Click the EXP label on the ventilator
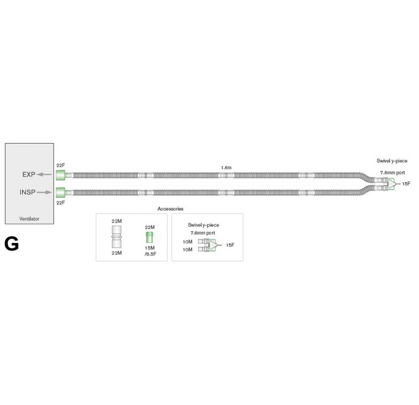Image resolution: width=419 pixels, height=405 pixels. click(x=29, y=175)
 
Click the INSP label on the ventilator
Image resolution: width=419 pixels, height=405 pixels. click(x=28, y=192)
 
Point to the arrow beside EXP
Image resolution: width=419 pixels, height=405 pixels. click(x=44, y=175)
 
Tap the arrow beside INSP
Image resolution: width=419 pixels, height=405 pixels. click(x=44, y=192)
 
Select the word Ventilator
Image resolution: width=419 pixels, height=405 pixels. click(x=29, y=219)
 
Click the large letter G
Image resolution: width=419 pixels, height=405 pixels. click(x=12, y=244)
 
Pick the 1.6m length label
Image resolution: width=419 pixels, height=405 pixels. click(x=226, y=168)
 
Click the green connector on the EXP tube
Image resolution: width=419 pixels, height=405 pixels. click(x=60, y=175)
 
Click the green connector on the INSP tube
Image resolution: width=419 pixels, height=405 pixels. click(x=60, y=192)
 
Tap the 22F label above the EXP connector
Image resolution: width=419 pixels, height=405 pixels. click(x=60, y=165)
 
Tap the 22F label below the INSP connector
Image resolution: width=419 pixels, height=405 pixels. click(x=60, y=202)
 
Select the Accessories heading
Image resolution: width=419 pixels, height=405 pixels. click(x=170, y=209)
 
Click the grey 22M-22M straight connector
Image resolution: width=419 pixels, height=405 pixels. click(x=117, y=237)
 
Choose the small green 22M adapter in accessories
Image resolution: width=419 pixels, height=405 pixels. click(x=149, y=237)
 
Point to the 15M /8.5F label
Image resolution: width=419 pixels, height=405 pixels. click(x=150, y=251)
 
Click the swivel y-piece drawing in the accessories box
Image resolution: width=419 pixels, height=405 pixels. click(x=210, y=245)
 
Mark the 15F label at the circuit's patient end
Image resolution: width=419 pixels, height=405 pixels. click(x=406, y=184)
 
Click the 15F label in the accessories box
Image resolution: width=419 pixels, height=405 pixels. click(x=230, y=245)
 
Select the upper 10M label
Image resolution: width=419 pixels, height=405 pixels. click(x=187, y=242)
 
